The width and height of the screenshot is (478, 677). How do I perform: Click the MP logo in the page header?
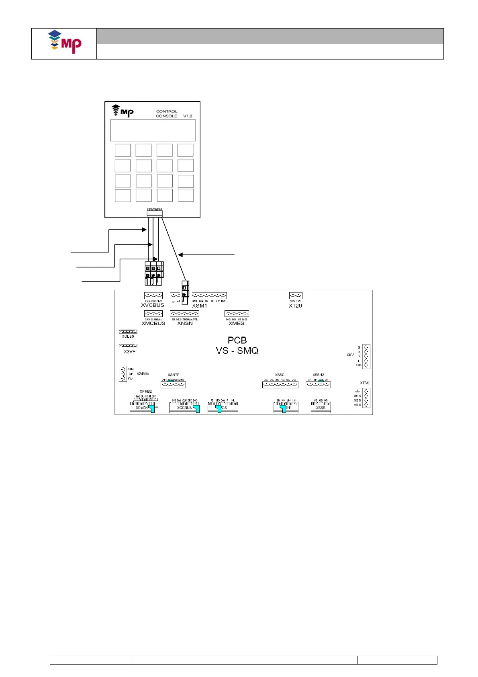[x=65, y=42]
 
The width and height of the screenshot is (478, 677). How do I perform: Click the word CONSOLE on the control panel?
[x=167, y=116]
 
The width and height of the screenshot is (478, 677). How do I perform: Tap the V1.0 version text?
[x=188, y=116]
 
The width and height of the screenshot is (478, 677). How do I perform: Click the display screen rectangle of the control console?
[x=153, y=130]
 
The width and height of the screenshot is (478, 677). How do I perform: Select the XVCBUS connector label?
[x=153, y=305]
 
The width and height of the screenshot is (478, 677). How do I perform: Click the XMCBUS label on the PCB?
[x=153, y=323]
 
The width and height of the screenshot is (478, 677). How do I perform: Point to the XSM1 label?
[x=199, y=306]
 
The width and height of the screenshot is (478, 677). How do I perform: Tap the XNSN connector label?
[x=185, y=323]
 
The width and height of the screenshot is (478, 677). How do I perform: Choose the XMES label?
[x=236, y=323]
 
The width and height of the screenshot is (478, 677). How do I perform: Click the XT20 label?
[x=295, y=306]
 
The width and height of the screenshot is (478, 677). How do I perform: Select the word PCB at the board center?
[x=237, y=340]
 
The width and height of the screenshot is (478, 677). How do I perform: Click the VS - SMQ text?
[x=237, y=351]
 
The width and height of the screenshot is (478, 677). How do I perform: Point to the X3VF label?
[x=129, y=352]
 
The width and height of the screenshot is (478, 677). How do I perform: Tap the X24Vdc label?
[x=143, y=374]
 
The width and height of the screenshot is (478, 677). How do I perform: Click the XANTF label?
[x=174, y=375]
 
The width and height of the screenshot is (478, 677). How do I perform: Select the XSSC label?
[x=280, y=375]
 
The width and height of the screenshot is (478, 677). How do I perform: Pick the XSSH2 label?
[x=318, y=375]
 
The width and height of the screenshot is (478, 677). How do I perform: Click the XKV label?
[x=350, y=355]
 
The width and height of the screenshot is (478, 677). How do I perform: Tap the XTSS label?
[x=364, y=383]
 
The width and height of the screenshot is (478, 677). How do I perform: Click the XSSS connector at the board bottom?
[x=321, y=408]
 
